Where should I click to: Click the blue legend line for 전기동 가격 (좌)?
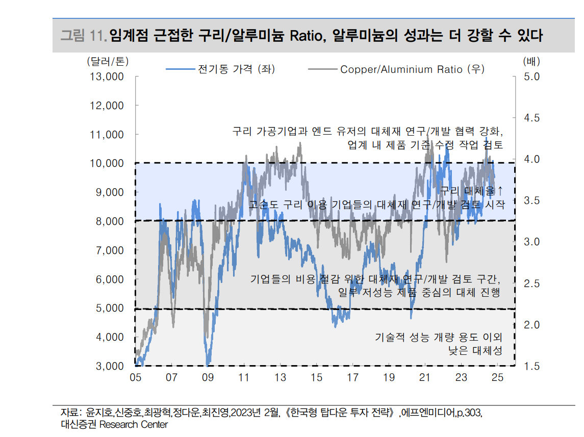pyautogui.click(x=181, y=69)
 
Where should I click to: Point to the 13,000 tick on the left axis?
pyautogui.click(x=106, y=76)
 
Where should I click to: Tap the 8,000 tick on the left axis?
pyautogui.click(x=109, y=221)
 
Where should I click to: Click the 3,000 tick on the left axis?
pyautogui.click(x=109, y=366)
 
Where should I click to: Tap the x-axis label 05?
pyautogui.click(x=135, y=378)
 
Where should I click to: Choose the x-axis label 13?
pyautogui.click(x=280, y=378)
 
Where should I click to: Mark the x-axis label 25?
pyautogui.click(x=497, y=378)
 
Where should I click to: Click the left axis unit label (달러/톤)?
pyautogui.click(x=108, y=61)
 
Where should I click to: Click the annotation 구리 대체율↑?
pyautogui.click(x=472, y=191)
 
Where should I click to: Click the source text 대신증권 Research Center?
pyautogui.click(x=114, y=424)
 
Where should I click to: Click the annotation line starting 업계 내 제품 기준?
pyautogui.click(x=425, y=145)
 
